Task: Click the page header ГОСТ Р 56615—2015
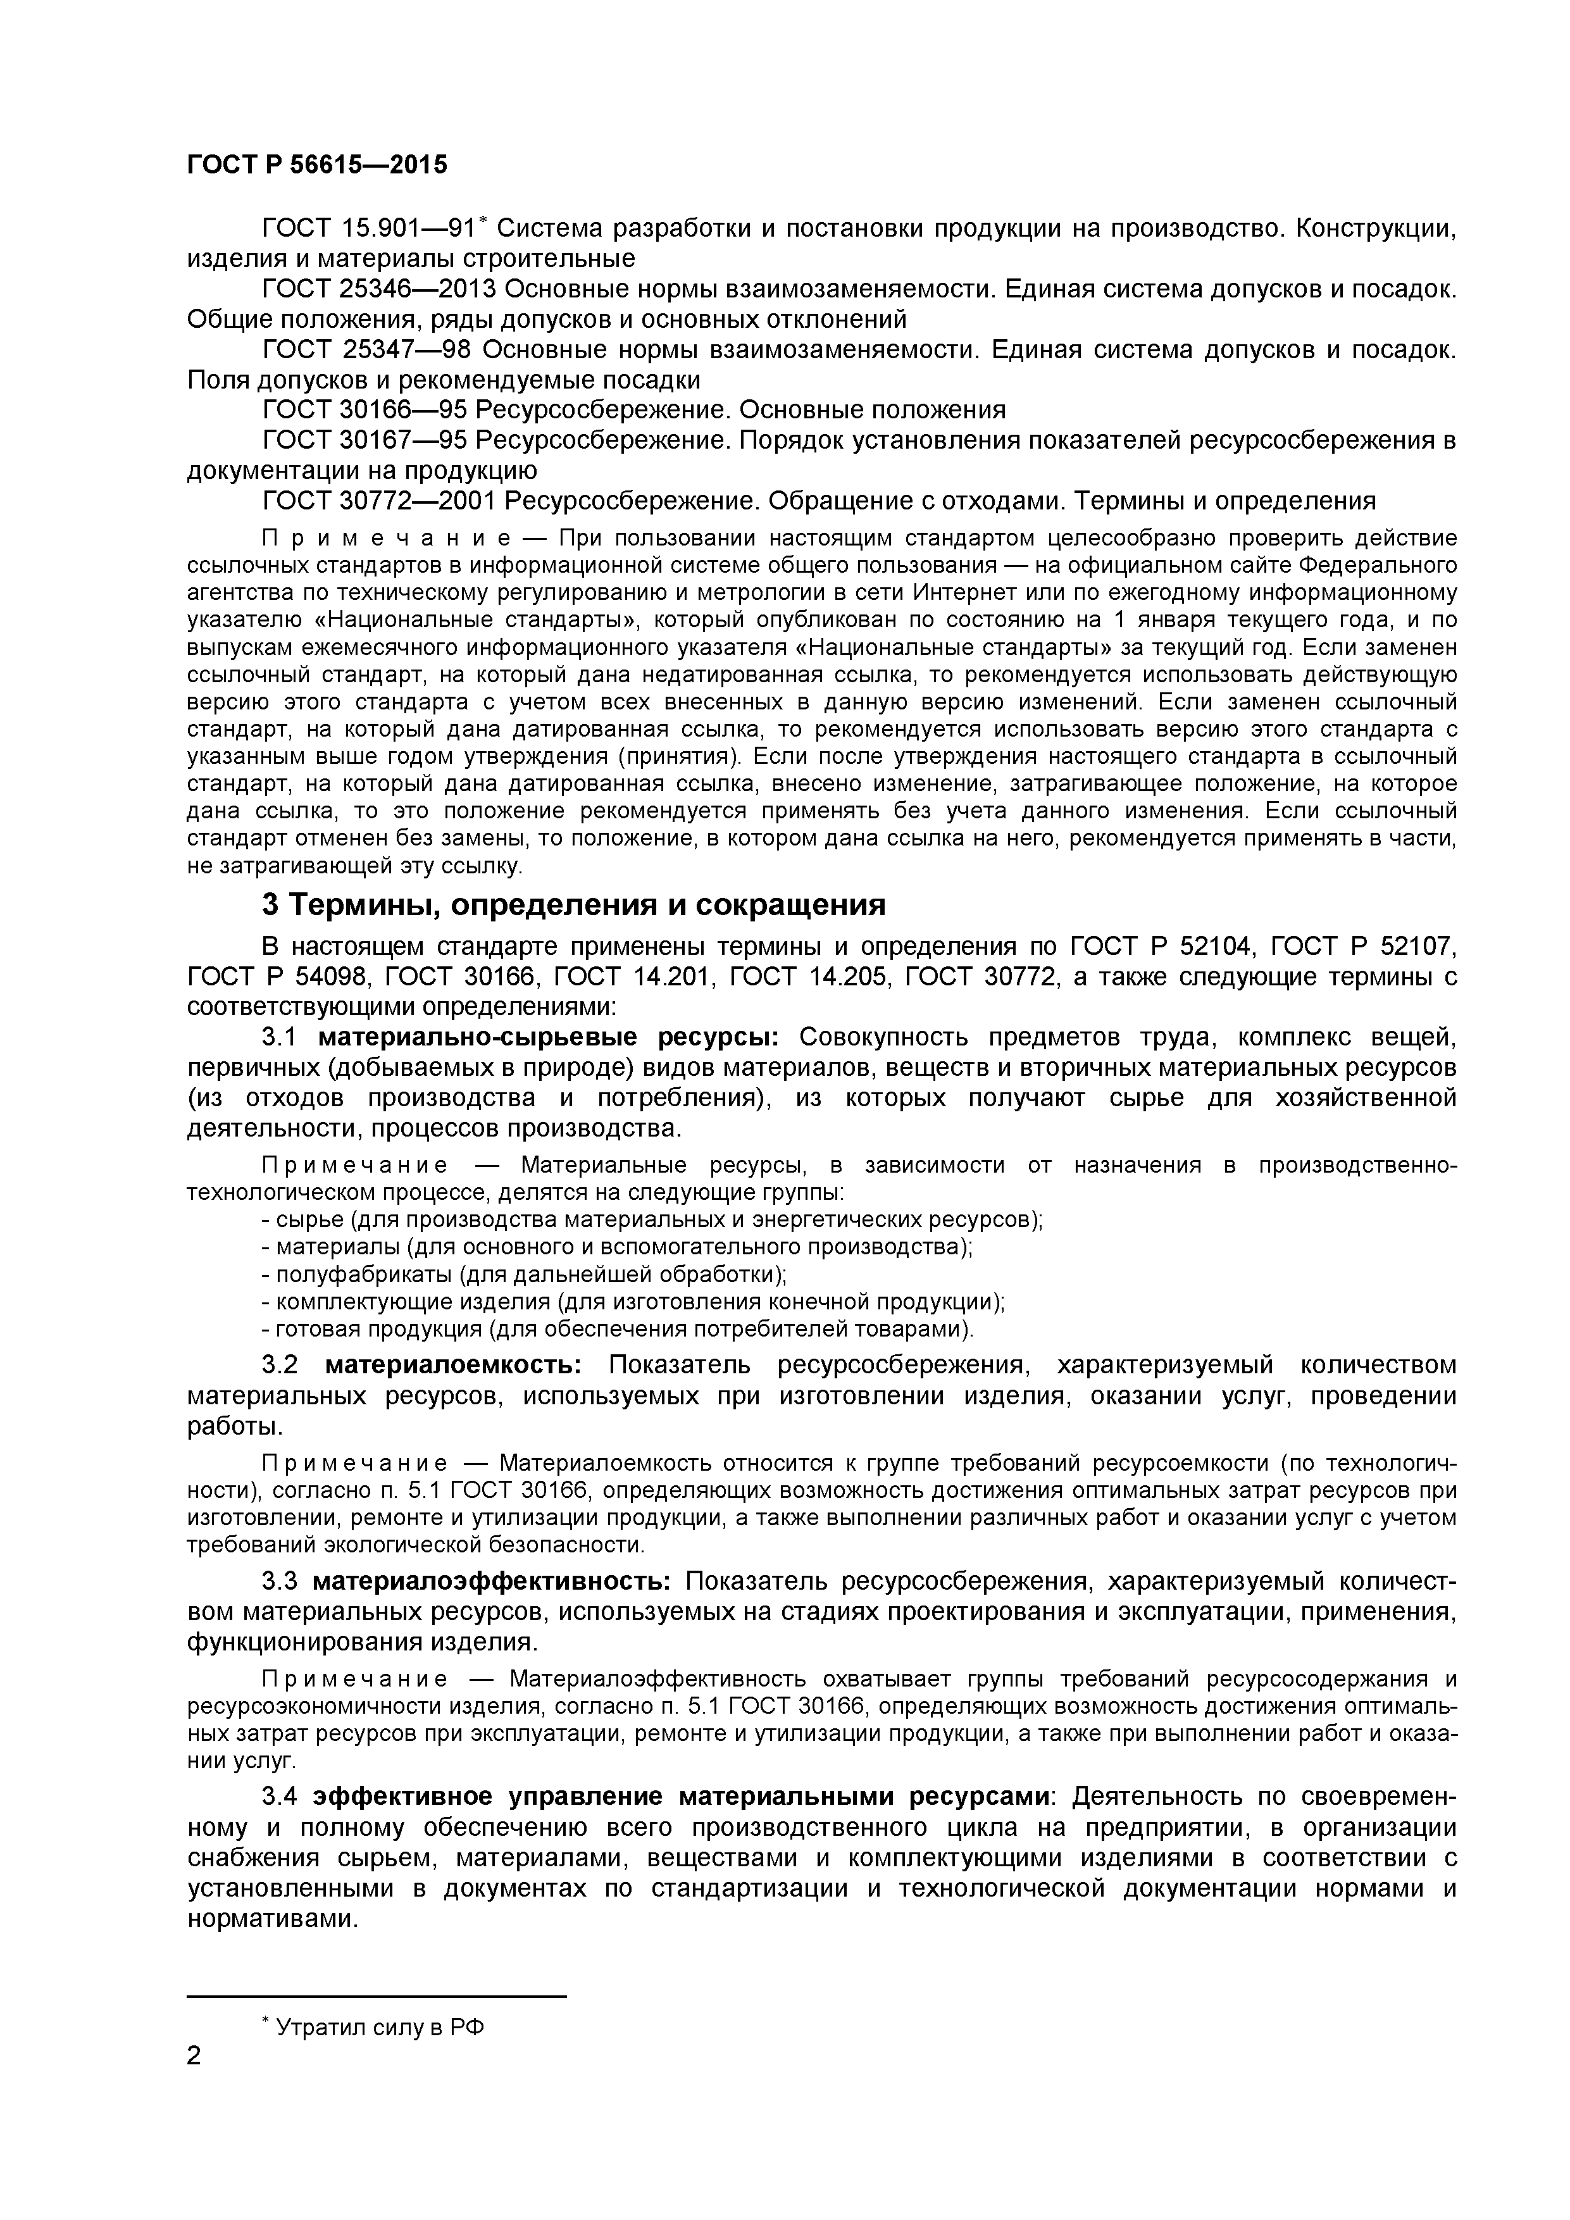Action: pyautogui.click(x=317, y=165)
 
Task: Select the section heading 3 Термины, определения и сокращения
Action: pyautogui.click(x=573, y=905)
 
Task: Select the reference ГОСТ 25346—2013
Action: pyautogui.click(x=379, y=289)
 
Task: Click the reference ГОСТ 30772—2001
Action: pyautogui.click(x=379, y=501)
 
